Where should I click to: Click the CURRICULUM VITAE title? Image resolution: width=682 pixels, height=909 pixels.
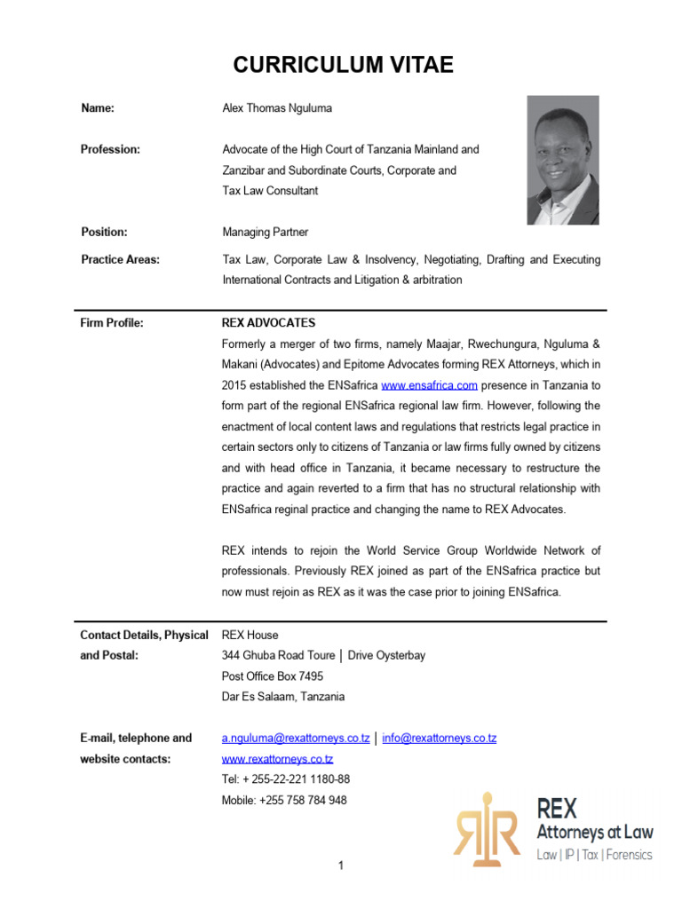click(343, 65)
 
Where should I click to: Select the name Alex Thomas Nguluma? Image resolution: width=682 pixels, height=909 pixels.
click(276, 108)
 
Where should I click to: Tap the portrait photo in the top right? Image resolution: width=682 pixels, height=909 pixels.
click(562, 160)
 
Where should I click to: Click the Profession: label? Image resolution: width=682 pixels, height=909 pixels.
click(111, 149)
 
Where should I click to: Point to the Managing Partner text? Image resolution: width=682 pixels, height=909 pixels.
click(265, 232)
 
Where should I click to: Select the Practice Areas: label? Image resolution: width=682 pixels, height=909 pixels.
click(121, 259)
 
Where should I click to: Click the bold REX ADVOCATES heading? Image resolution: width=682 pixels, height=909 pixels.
click(268, 323)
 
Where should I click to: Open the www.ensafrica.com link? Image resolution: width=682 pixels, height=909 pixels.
click(430, 385)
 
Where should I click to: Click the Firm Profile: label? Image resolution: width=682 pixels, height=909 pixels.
click(112, 323)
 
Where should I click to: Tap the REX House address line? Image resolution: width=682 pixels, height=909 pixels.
click(250, 635)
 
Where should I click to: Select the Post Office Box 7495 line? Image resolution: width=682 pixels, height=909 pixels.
click(273, 676)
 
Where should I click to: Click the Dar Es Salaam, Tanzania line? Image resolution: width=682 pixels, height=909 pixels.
click(283, 697)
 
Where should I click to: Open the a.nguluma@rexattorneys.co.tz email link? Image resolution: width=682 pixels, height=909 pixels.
click(296, 739)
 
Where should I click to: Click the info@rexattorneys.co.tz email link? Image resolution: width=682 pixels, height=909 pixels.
click(439, 739)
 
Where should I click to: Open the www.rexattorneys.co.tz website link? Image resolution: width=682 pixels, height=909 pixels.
click(277, 759)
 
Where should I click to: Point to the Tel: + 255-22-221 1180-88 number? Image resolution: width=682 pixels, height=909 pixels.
click(285, 779)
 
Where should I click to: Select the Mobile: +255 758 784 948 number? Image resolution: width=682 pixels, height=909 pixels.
click(284, 800)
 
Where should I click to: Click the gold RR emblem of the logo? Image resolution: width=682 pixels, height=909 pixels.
click(486, 828)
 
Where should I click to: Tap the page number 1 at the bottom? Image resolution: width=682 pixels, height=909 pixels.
click(340, 866)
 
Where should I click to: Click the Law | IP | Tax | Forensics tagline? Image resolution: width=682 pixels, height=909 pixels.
click(594, 855)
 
